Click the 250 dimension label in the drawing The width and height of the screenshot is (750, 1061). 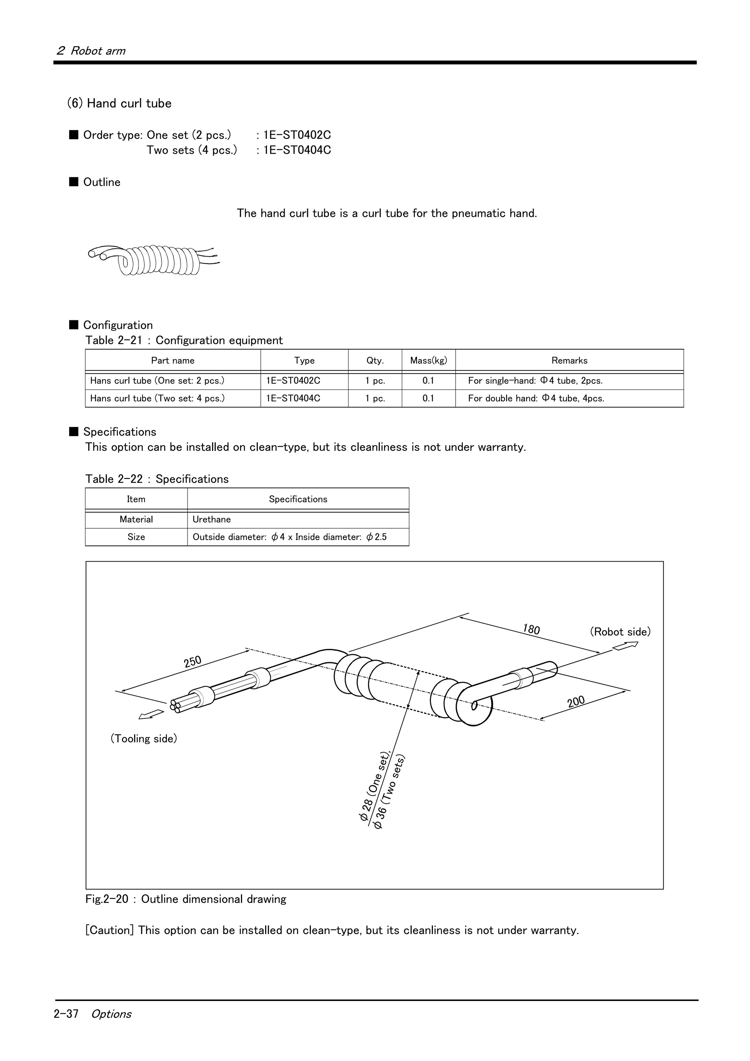(192, 662)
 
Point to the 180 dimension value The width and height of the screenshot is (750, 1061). (531, 629)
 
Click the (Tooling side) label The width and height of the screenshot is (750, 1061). (143, 738)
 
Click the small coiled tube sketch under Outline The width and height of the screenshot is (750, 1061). (153, 260)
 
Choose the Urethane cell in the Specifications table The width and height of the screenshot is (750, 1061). (212, 520)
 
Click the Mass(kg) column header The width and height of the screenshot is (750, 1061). (428, 361)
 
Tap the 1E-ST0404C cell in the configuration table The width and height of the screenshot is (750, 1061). (293, 398)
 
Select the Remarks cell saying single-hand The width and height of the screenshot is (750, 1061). (535, 381)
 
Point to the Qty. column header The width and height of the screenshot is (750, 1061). (375, 361)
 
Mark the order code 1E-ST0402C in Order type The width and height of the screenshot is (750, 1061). (297, 135)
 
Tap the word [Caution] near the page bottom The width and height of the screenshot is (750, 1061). (109, 930)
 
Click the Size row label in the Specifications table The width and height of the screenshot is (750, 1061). (136, 537)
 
